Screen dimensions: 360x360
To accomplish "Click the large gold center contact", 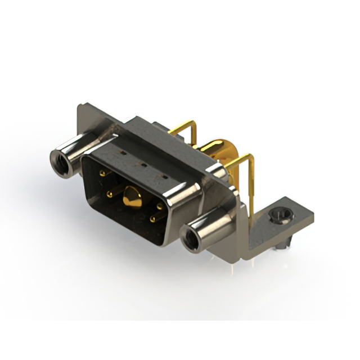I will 132,197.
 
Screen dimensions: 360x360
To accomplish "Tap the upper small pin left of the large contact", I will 103,173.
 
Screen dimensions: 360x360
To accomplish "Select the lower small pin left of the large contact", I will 109,195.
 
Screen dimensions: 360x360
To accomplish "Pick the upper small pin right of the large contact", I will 159,206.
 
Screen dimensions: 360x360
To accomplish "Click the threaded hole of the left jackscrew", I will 60,164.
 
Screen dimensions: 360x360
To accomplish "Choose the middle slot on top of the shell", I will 143,165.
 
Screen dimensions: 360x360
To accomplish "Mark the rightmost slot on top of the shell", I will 164,178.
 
